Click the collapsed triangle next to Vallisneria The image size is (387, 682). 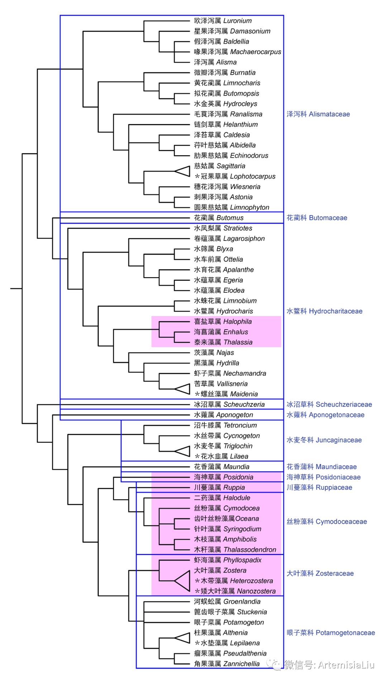pyautogui.click(x=183, y=389)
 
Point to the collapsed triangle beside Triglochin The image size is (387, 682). pyautogui.click(x=183, y=451)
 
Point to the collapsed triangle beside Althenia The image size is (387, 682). pyautogui.click(x=183, y=638)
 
